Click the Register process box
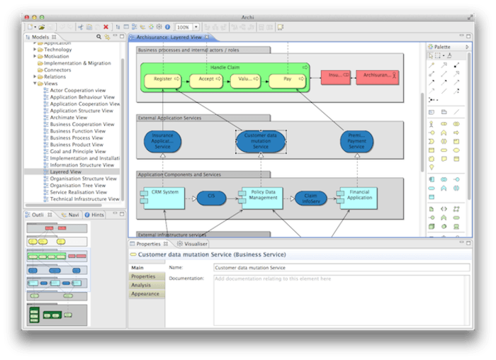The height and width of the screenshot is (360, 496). [162, 79]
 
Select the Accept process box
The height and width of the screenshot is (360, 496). [205, 79]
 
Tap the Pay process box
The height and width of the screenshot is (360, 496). [288, 79]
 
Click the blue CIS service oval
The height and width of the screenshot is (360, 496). [210, 196]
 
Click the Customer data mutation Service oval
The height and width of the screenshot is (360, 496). [261, 140]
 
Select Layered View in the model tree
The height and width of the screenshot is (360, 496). [65, 171]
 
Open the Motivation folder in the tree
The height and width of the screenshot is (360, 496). [58, 57]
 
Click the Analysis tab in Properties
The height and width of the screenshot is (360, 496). [141, 285]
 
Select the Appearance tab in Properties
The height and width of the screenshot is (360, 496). [145, 293]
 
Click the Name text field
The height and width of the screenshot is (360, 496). [341, 268]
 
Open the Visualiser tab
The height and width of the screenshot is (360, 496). [196, 244]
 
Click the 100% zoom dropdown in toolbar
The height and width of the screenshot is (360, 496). [186, 27]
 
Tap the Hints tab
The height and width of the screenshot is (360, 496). [96, 214]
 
